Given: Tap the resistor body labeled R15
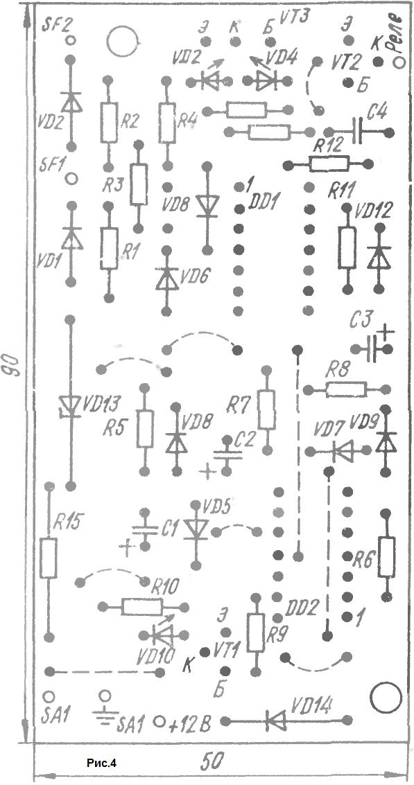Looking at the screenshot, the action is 49,558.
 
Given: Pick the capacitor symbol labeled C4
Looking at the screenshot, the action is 358,132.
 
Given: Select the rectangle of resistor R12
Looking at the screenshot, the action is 329,164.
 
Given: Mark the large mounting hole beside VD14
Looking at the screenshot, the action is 386,698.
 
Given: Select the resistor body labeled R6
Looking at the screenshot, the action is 386,557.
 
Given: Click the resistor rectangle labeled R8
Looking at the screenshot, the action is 346,389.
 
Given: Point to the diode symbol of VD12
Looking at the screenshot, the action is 378,256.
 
